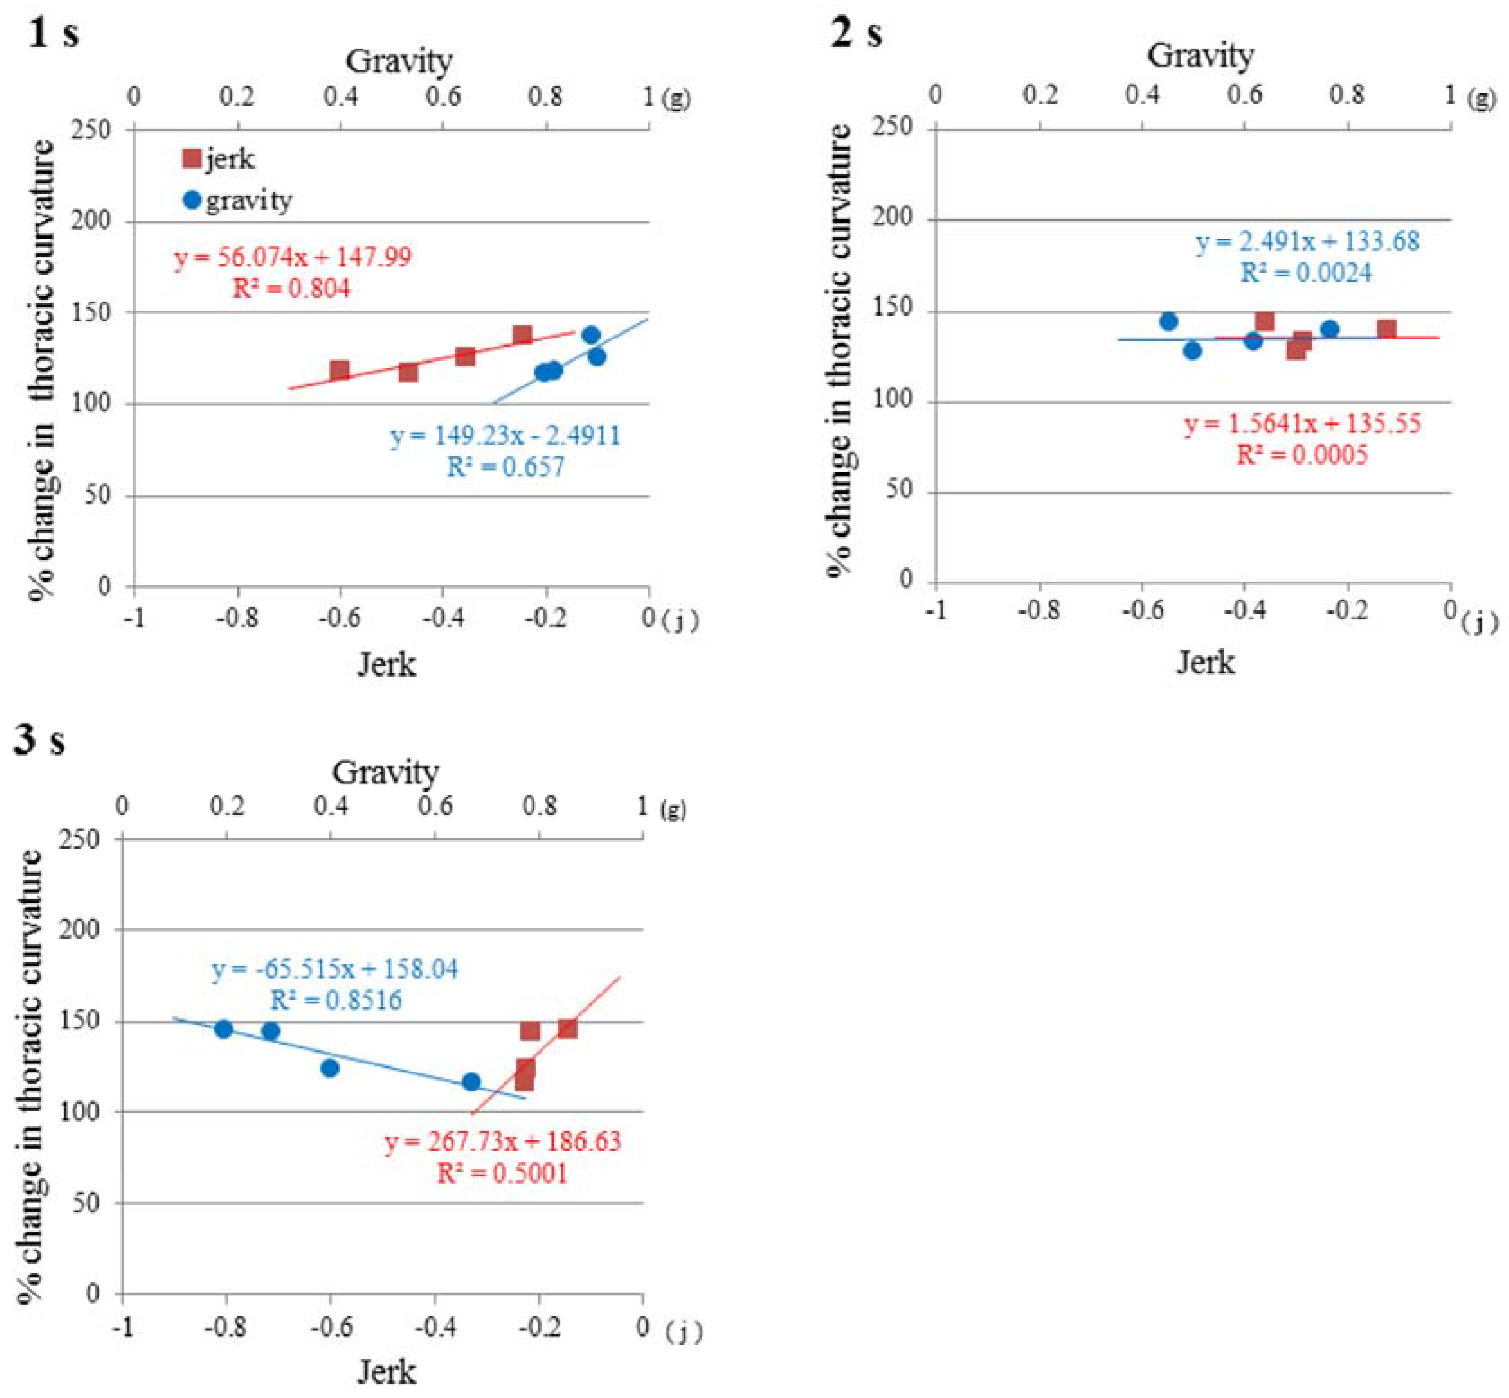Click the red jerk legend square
192,159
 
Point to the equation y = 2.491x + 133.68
1307,242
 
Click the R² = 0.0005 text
1302,454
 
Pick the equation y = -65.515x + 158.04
335,969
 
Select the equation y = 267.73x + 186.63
502,1141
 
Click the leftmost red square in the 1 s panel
340,370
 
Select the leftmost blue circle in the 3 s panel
223,1029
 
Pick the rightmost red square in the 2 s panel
1386,329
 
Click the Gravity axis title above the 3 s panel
385,772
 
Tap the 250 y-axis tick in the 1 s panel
94,130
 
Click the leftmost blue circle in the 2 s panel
1169,321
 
